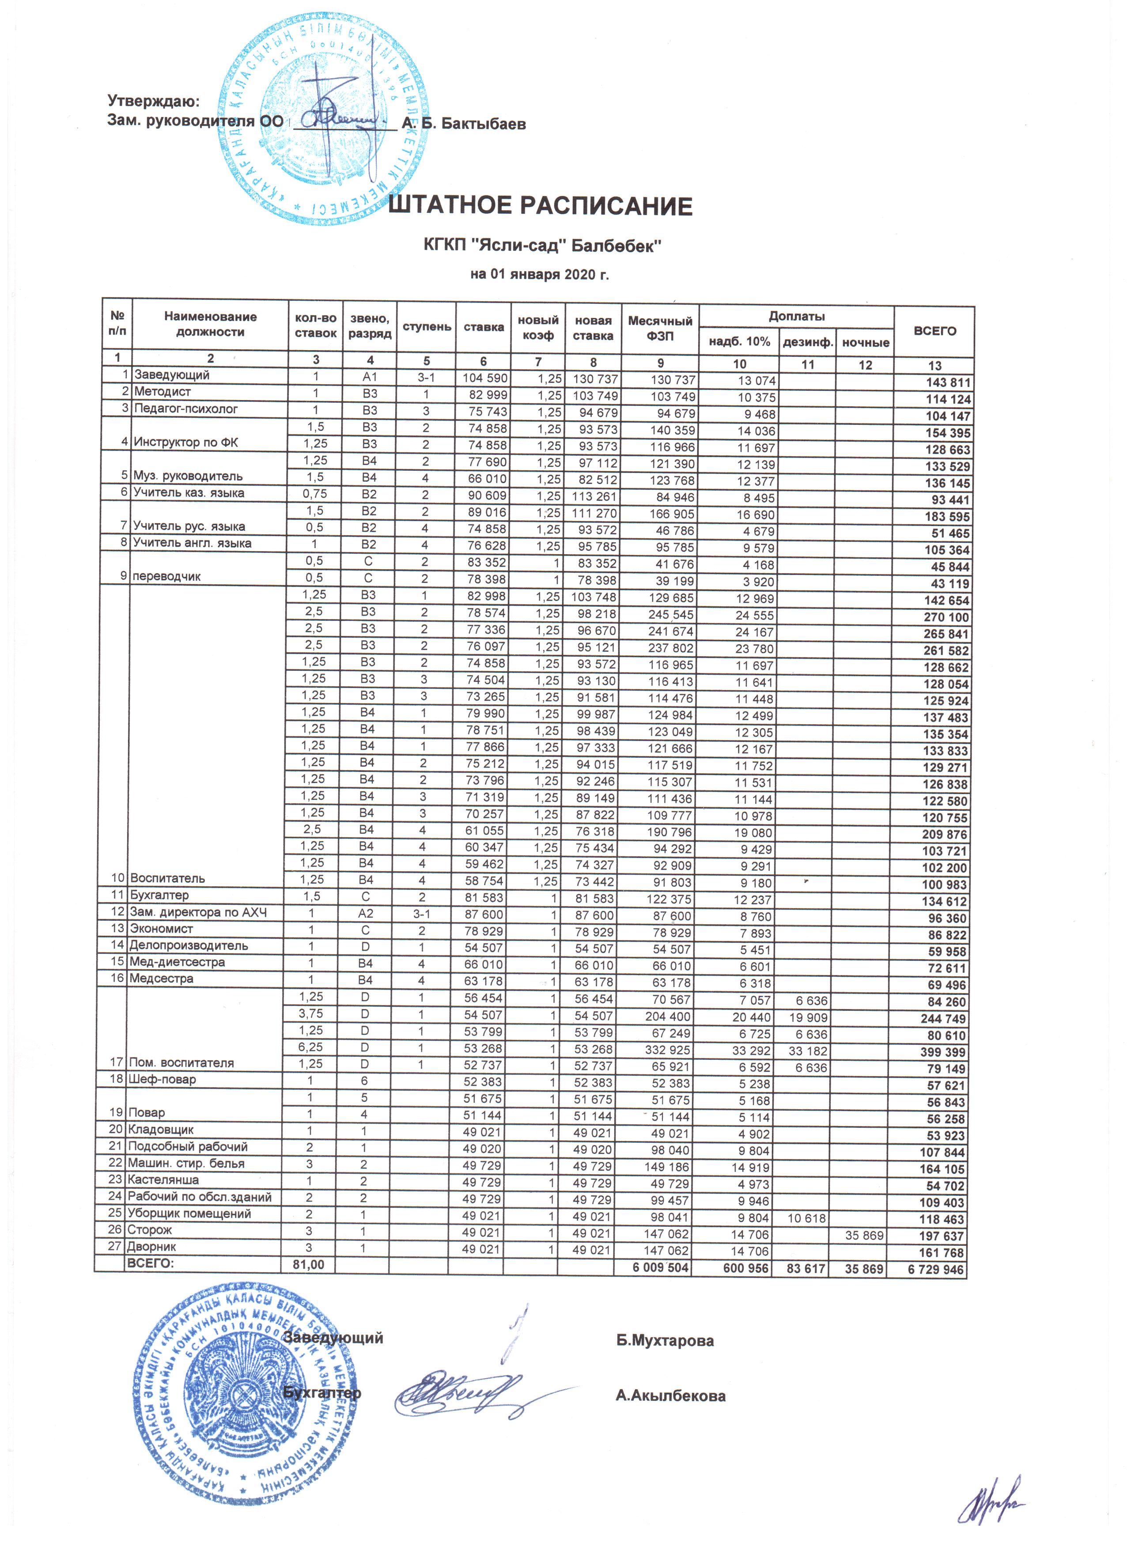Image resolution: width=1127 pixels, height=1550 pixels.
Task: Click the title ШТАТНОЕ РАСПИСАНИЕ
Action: pos(540,206)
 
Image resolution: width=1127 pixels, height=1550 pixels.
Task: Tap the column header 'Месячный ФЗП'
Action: pos(659,328)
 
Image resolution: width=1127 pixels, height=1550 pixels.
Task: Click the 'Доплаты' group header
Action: pos(796,317)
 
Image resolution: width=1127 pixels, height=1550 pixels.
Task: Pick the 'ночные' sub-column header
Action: pos(865,342)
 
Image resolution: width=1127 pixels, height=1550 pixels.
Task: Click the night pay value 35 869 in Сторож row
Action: pos(865,1236)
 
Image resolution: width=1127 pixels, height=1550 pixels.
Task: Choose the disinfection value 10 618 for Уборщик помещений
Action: pos(807,1218)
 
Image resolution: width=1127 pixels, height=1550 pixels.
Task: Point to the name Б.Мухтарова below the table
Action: pos(664,1341)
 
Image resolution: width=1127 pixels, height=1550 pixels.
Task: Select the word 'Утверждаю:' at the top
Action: pos(154,101)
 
